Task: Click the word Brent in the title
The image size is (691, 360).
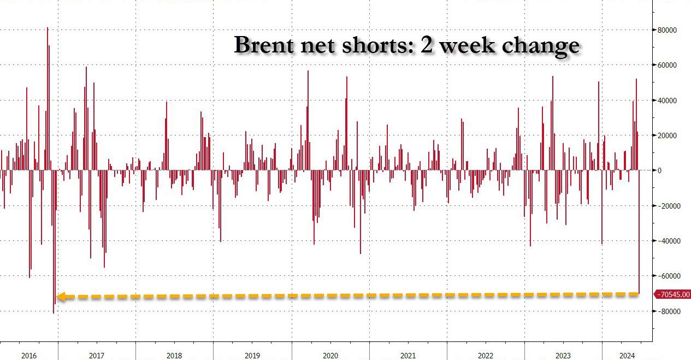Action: pyautogui.click(x=265, y=45)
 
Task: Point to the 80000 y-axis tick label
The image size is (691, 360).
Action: pyautogui.click(x=668, y=30)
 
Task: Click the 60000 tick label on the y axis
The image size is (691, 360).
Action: pyautogui.click(x=668, y=65)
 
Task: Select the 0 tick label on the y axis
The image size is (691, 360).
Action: pyautogui.click(x=660, y=170)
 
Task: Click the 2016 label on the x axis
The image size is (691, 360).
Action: pyautogui.click(x=29, y=356)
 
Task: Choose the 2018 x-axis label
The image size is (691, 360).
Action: pyautogui.click(x=174, y=356)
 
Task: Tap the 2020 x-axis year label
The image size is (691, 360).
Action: pyautogui.click(x=330, y=356)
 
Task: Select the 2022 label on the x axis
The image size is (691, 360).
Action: pyautogui.click(x=486, y=356)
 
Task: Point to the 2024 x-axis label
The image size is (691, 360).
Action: pyautogui.click(x=627, y=356)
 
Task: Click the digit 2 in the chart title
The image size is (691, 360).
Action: pyautogui.click(x=427, y=45)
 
